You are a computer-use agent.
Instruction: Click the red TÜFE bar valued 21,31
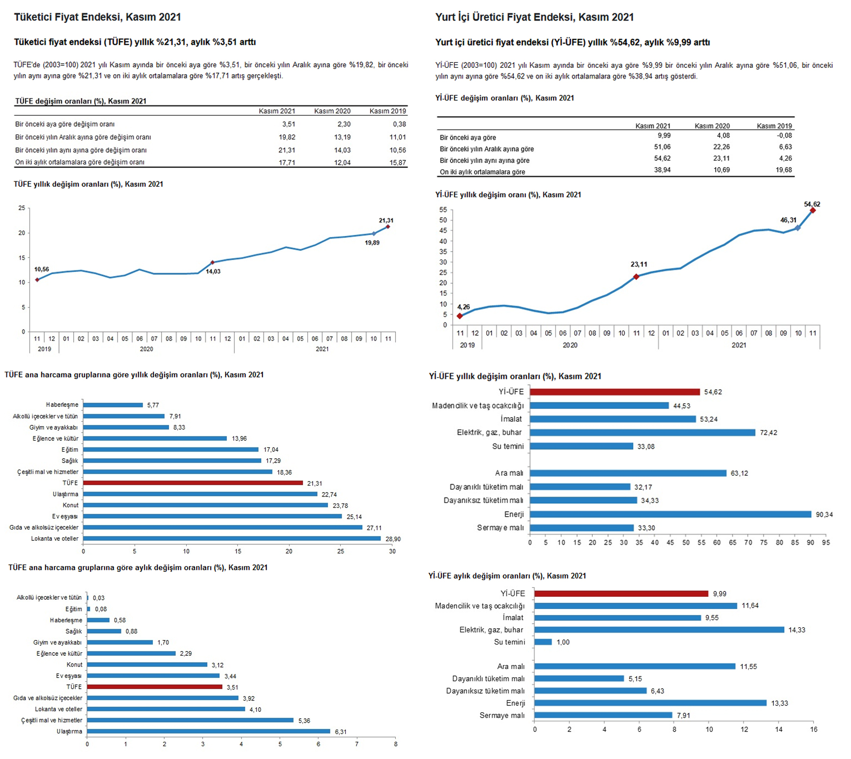coord(193,483)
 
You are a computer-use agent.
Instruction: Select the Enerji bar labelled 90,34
coord(671,514)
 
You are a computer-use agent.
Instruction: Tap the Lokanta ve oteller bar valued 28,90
coord(232,539)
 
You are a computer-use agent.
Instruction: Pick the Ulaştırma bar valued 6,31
coord(209,731)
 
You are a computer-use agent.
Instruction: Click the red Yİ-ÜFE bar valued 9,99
coord(621,594)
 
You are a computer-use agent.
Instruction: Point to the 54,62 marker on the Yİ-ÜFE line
coord(813,210)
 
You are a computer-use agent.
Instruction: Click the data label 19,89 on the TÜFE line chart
coord(372,243)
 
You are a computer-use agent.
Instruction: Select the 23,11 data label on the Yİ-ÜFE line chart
coord(639,264)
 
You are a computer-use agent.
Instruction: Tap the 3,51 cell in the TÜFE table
coord(289,124)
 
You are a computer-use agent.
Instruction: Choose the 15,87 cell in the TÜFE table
coord(398,163)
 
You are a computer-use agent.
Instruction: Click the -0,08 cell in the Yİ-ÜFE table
coord(785,136)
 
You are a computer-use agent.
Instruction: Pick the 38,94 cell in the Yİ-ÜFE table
coord(662,170)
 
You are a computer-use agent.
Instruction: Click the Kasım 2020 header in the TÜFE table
coord(332,111)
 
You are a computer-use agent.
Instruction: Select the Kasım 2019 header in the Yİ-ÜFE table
coord(774,126)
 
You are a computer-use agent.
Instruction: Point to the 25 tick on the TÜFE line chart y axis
coord(22,208)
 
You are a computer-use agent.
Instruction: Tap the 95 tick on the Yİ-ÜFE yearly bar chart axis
coord(826,543)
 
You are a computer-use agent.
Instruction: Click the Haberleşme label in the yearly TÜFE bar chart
coord(62,405)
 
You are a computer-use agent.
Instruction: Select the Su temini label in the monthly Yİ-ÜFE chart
coord(509,642)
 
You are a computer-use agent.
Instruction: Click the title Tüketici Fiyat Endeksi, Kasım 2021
coord(97,17)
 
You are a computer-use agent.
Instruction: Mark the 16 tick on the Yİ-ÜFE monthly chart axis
coord(814,730)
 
